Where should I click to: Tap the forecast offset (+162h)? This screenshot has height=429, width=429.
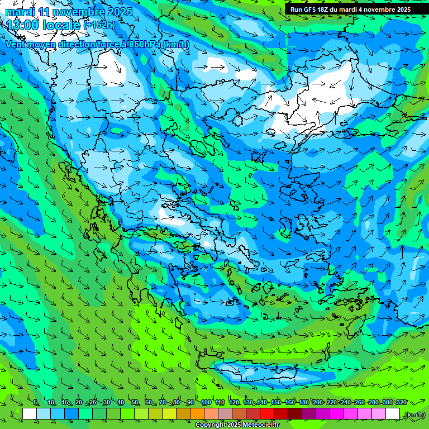click(99, 25)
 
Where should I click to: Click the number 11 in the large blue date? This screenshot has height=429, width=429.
click(47, 12)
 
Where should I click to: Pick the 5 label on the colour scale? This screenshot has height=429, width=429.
click(36, 403)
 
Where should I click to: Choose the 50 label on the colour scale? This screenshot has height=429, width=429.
click(134, 403)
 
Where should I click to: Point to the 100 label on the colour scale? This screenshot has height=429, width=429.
click(206, 403)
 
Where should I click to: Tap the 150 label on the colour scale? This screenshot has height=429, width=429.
click(276, 403)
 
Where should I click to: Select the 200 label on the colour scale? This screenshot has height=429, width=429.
click(318, 403)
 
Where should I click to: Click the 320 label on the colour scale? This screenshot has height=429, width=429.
click(402, 403)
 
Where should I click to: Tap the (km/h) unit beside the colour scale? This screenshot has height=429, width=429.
click(414, 414)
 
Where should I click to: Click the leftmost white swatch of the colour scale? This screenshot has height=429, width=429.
click(30, 414)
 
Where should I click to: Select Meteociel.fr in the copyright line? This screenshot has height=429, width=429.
click(258, 425)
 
